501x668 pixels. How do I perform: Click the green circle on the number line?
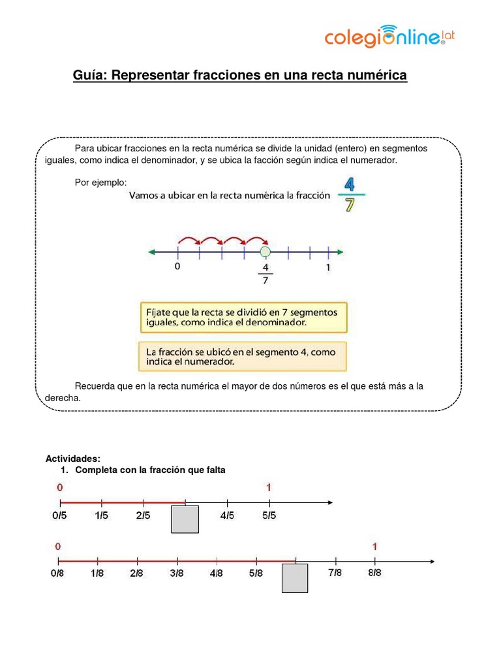tap(265, 252)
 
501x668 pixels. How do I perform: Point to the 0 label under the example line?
tap(177, 267)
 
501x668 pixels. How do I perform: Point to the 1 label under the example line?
tap(328, 267)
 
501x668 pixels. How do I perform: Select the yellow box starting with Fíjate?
tap(243, 317)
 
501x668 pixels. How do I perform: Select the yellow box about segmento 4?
tap(243, 356)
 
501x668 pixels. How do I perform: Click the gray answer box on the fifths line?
tap(185, 519)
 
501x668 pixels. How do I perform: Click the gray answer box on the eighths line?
tap(295, 579)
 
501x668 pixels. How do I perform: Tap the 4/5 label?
tap(228, 516)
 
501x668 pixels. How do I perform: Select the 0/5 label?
tap(59, 516)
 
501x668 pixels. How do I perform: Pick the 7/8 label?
tap(335, 573)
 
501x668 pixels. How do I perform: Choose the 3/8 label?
tap(177, 573)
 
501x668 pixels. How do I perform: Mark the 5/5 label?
tap(269, 516)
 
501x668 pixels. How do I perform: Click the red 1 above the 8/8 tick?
tap(374, 546)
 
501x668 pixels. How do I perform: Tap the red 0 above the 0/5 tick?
tap(60, 487)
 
